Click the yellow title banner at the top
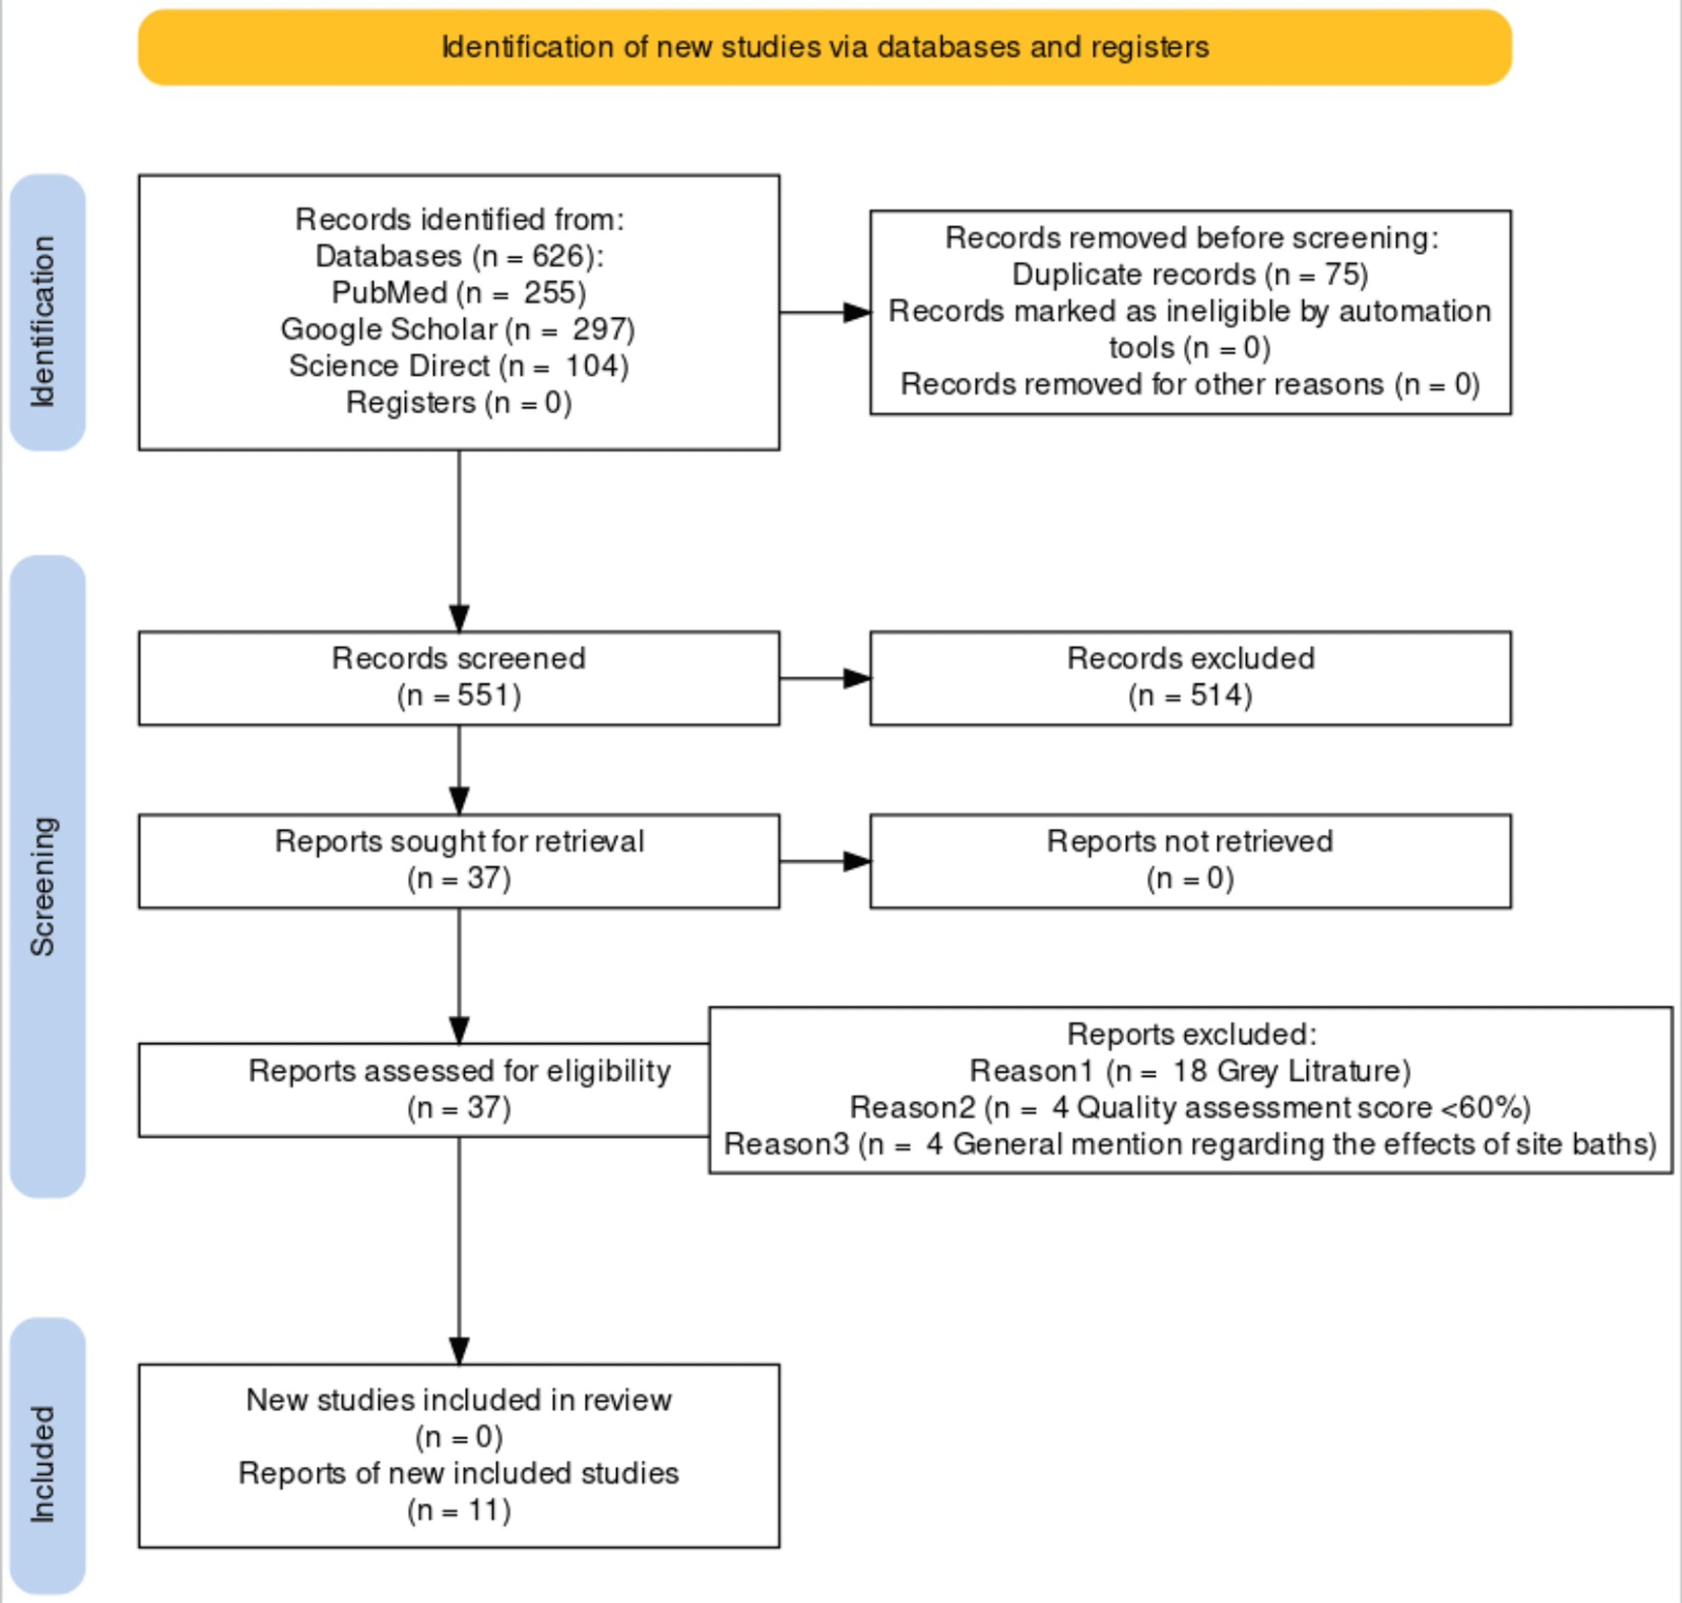point(824,47)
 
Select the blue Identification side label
point(47,313)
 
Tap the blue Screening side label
point(47,877)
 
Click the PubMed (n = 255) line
point(459,293)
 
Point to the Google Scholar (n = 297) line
point(459,330)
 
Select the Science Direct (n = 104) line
point(459,367)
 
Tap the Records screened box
point(459,678)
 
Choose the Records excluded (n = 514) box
point(1190,678)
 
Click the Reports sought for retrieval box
point(459,861)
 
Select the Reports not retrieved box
point(1190,861)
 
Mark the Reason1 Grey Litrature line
point(1190,1071)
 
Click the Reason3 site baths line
point(1190,1145)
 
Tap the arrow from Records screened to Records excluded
point(825,678)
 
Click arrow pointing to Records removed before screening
point(825,313)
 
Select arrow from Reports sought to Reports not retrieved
point(825,861)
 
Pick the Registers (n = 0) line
point(459,403)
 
